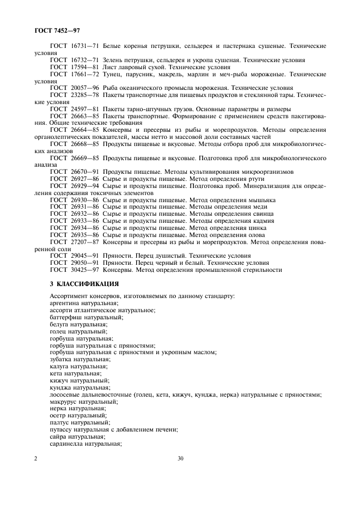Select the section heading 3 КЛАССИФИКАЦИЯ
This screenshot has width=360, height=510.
[84, 284]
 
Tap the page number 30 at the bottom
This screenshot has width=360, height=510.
[180, 459]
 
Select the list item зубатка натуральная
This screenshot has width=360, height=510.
[80, 359]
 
